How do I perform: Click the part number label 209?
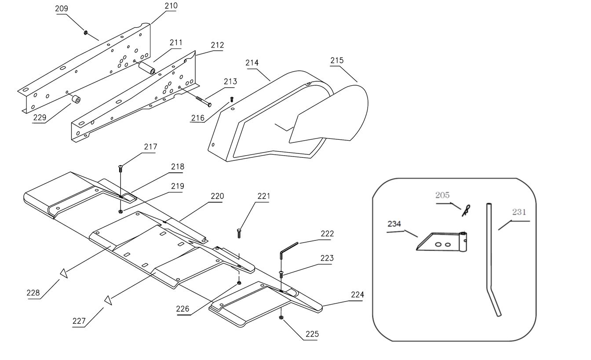point(62,9)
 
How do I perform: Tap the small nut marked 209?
point(85,32)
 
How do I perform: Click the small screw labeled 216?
point(232,100)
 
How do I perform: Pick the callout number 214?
point(252,63)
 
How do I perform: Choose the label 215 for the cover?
point(337,61)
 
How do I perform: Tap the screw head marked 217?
point(120,167)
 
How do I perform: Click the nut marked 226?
point(239,283)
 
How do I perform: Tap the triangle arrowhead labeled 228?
point(64,273)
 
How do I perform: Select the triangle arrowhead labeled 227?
point(108,300)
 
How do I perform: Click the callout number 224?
point(357,295)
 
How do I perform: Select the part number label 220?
point(217,196)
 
